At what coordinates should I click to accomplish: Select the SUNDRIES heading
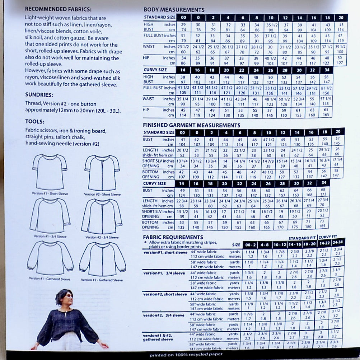pos(39,95)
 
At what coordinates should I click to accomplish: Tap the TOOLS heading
pos(35,122)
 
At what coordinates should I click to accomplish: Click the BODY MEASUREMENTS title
pos(174,10)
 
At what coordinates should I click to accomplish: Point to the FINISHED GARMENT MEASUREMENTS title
pos(191,125)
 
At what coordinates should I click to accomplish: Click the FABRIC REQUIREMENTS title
pos(173,237)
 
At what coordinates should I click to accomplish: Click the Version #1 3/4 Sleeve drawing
pos(50,215)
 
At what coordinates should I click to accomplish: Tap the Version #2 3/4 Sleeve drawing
pos(102,215)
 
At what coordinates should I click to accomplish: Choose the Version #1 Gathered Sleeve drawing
pos(50,257)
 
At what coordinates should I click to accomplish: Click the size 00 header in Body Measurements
pos(183,18)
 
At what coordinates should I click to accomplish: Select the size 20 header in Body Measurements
pos(340,18)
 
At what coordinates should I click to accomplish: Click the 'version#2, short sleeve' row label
pos(165,294)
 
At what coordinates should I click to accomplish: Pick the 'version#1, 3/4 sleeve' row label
pos(163,273)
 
